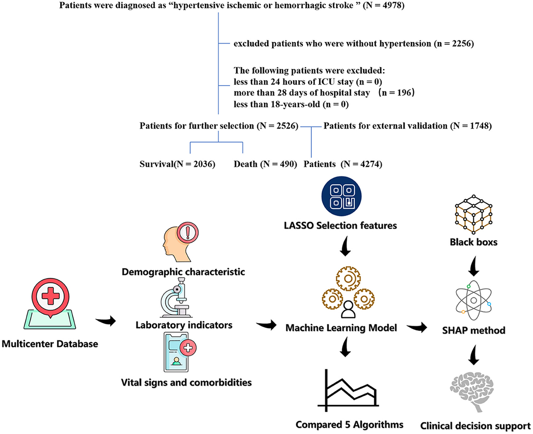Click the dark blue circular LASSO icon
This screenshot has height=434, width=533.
click(341, 197)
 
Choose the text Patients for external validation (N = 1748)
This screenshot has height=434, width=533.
click(407, 126)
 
